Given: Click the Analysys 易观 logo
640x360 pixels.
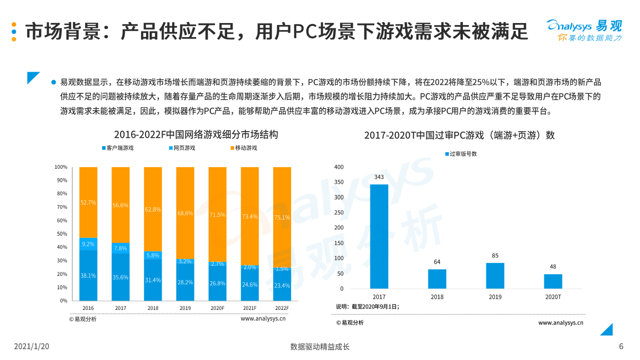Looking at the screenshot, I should [x=584, y=30].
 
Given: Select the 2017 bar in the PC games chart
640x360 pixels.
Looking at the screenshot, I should [x=379, y=236].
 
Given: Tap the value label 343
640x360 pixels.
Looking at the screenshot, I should [x=379, y=177].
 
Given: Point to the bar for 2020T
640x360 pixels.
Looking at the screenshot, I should [x=553, y=281].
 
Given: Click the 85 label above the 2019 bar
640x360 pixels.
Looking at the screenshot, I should [x=495, y=256].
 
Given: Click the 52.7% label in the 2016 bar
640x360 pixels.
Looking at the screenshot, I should [x=88, y=202].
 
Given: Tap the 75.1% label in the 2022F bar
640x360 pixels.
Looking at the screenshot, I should [x=282, y=217].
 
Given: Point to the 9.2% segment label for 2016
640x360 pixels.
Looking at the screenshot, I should [x=88, y=244].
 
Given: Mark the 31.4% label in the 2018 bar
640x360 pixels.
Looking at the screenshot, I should [x=153, y=280].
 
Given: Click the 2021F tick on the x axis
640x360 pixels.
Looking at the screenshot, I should [x=249, y=308].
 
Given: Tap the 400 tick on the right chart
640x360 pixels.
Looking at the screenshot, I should [x=339, y=167].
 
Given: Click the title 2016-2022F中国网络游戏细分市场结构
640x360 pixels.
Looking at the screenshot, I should [x=196, y=134].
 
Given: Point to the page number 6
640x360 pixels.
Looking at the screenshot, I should [x=621, y=346].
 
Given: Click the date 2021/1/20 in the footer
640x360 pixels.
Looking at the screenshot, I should [x=32, y=346].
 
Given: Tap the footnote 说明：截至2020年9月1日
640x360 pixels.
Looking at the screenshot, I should [x=367, y=306].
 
